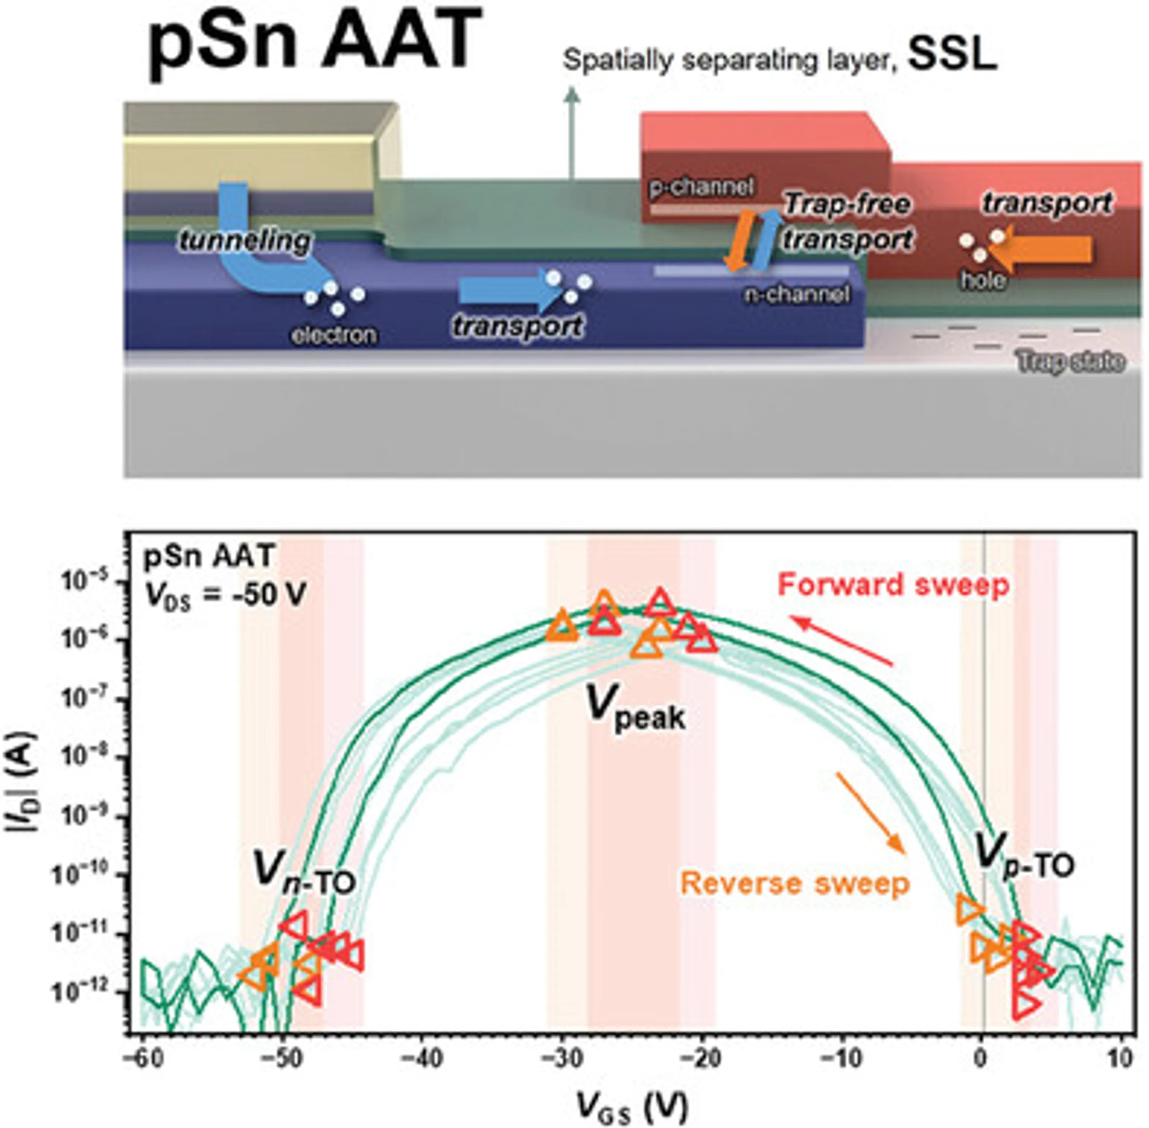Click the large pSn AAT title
pos(314,43)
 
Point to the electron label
pos(334,335)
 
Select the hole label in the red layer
pos(982,280)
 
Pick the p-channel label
pos(701,187)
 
